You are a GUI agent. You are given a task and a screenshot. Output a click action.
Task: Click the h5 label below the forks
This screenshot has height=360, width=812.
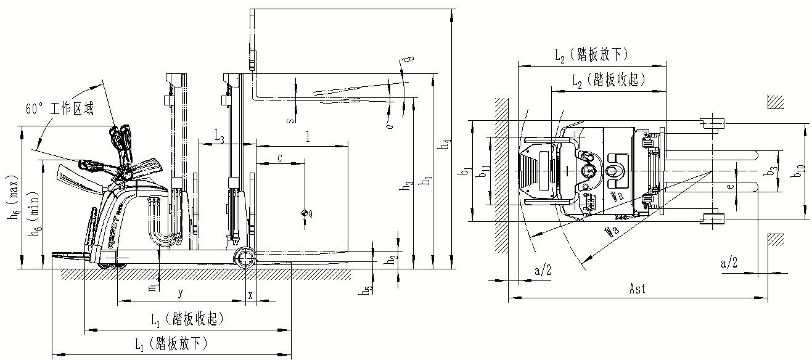(368, 288)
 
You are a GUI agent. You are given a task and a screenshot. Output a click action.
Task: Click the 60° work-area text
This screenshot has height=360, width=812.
(59, 109)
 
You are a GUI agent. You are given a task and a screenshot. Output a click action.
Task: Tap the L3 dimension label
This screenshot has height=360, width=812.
(219, 135)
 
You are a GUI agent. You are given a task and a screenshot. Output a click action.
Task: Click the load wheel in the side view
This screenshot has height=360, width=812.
(245, 258)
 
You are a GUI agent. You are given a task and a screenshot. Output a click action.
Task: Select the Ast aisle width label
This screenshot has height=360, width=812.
(639, 288)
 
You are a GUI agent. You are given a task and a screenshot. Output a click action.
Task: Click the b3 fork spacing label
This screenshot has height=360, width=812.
(773, 171)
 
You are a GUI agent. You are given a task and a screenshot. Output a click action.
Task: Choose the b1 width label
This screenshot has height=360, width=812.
(465, 173)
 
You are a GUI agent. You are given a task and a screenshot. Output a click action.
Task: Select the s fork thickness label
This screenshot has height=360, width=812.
(290, 119)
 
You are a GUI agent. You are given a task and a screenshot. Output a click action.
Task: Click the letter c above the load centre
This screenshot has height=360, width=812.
(279, 158)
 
